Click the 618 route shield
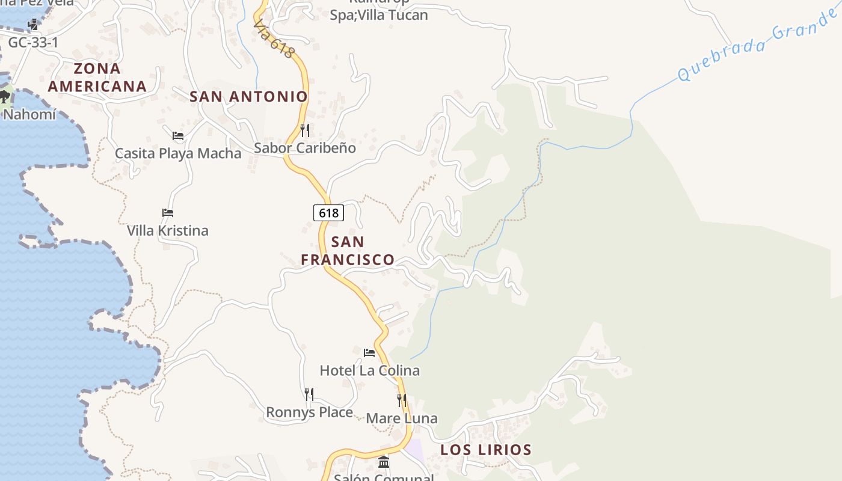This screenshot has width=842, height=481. click(328, 212)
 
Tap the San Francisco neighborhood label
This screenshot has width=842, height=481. click(348, 251)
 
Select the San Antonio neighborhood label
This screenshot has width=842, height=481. click(248, 96)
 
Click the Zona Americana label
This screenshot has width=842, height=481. click(97, 78)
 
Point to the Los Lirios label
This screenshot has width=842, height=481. click(486, 450)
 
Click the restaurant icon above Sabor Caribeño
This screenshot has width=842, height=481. click(305, 130)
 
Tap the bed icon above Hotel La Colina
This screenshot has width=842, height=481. click(369, 352)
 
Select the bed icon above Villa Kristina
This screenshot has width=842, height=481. click(168, 213)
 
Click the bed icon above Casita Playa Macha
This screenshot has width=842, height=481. click(177, 136)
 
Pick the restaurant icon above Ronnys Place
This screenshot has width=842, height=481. click(309, 394)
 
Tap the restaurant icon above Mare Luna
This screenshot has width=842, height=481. click(402, 400)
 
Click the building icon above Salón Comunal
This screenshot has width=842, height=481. click(384, 462)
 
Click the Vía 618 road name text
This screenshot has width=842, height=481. click(274, 40)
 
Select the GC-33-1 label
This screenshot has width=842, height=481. click(33, 42)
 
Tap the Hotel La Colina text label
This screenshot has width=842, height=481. click(370, 370)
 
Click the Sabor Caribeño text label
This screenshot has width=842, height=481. click(305, 148)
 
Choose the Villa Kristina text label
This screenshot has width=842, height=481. click(168, 230)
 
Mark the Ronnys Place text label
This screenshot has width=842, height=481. click(309, 412)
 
